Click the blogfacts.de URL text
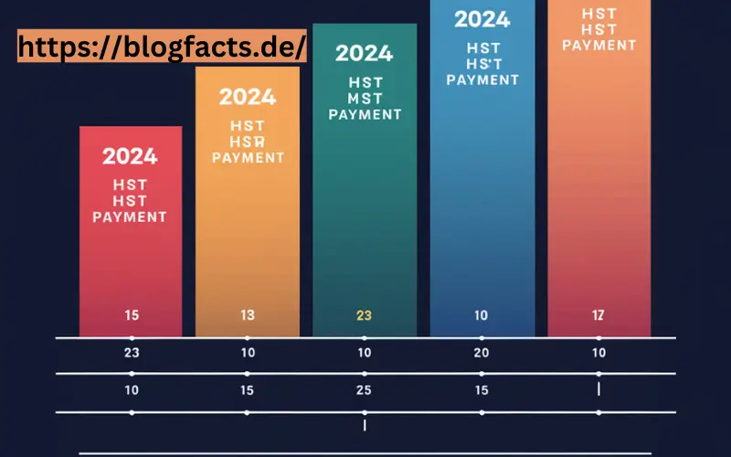click(161, 48)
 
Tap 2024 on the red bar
click(131, 156)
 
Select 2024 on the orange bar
click(248, 96)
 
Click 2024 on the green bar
click(365, 53)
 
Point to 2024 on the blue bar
click(482, 19)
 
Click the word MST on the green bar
click(365, 98)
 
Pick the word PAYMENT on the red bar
click(131, 218)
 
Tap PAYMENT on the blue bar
click(482, 80)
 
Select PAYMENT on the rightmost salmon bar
click(599, 45)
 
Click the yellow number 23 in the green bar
click(364, 316)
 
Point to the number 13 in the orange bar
click(248, 316)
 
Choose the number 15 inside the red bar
click(132, 316)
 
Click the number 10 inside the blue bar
click(482, 316)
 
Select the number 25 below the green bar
click(365, 390)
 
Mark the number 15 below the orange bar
click(248, 390)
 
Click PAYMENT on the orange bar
click(248, 157)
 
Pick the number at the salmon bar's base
click(599, 316)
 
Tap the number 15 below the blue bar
click(482, 390)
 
